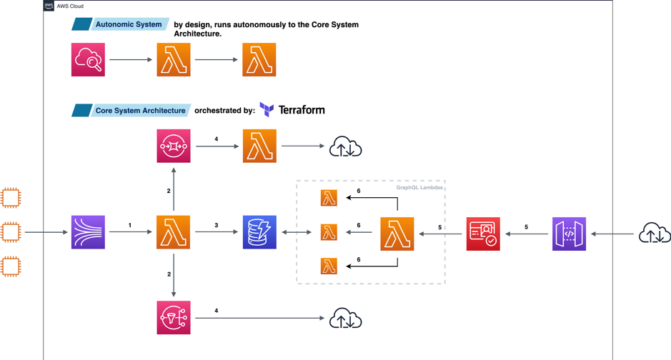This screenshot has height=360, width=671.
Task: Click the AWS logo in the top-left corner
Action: (x=49, y=6)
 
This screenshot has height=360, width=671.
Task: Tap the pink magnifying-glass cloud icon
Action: (x=88, y=60)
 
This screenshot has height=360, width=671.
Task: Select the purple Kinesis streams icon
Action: (x=88, y=232)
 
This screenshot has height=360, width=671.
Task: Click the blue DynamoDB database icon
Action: (x=259, y=232)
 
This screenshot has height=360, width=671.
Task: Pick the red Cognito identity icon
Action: (x=483, y=234)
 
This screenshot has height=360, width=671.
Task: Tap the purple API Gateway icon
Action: (x=569, y=234)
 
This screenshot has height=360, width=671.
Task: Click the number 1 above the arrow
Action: (x=130, y=225)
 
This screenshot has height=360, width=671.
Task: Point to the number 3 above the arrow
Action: (x=217, y=225)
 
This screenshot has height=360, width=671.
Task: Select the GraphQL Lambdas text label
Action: (x=419, y=188)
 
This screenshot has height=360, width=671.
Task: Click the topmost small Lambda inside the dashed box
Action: (x=329, y=198)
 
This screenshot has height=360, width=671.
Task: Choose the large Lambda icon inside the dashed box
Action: (x=397, y=234)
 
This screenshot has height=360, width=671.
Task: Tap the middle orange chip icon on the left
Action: (x=11, y=232)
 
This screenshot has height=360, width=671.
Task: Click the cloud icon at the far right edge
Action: (x=654, y=234)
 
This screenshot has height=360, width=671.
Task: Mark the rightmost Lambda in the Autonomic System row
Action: (x=259, y=60)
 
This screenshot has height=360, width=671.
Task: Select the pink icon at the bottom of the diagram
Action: (x=174, y=318)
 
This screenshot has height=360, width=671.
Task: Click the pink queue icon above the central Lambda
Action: (x=174, y=146)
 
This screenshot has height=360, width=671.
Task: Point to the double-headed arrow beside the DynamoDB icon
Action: (x=297, y=232)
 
